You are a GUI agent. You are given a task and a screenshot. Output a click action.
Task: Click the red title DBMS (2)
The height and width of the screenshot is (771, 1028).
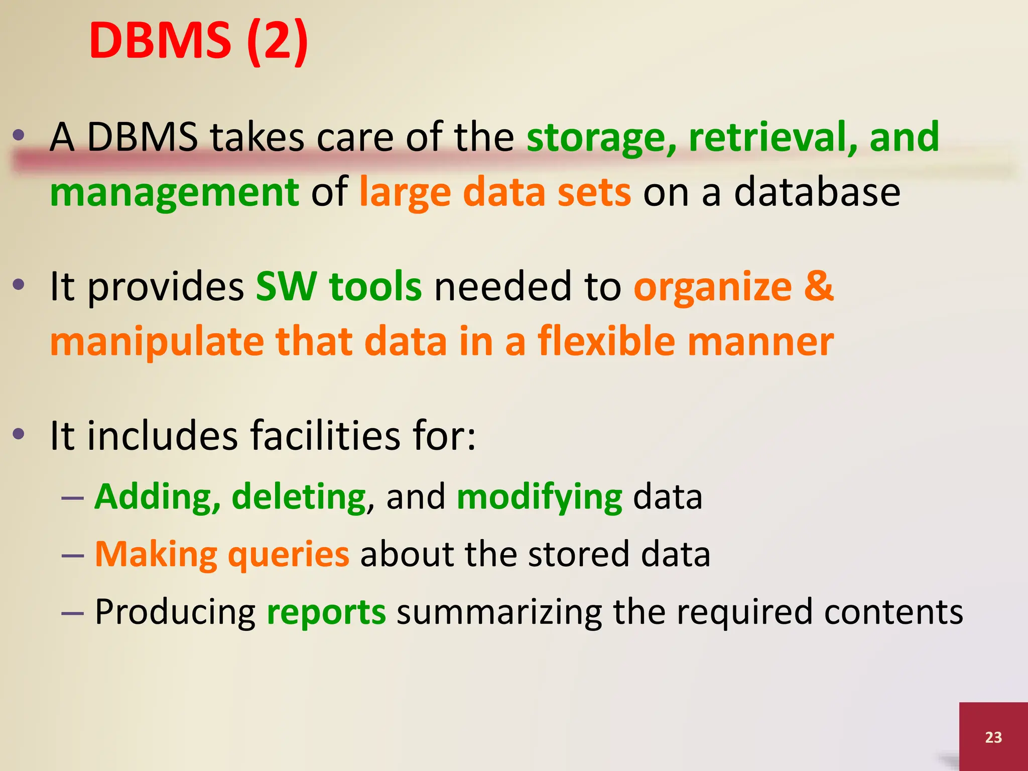click(198, 41)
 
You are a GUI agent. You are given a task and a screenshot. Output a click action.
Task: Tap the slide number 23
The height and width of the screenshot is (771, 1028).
click(993, 737)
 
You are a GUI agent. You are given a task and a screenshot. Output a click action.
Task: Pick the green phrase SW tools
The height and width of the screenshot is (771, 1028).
click(339, 286)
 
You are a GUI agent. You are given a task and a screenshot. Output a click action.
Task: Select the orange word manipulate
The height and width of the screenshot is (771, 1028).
click(157, 342)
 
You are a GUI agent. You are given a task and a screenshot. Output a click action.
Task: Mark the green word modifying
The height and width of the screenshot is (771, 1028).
click(540, 497)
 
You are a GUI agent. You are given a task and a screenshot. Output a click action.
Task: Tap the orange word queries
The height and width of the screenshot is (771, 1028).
click(289, 555)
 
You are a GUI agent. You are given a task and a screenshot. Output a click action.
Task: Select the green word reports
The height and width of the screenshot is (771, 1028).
click(326, 612)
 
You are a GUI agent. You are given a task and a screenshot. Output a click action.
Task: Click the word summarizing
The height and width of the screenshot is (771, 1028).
click(499, 612)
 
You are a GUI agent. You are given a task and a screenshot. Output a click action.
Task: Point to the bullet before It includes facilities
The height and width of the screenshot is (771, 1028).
click(19, 434)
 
